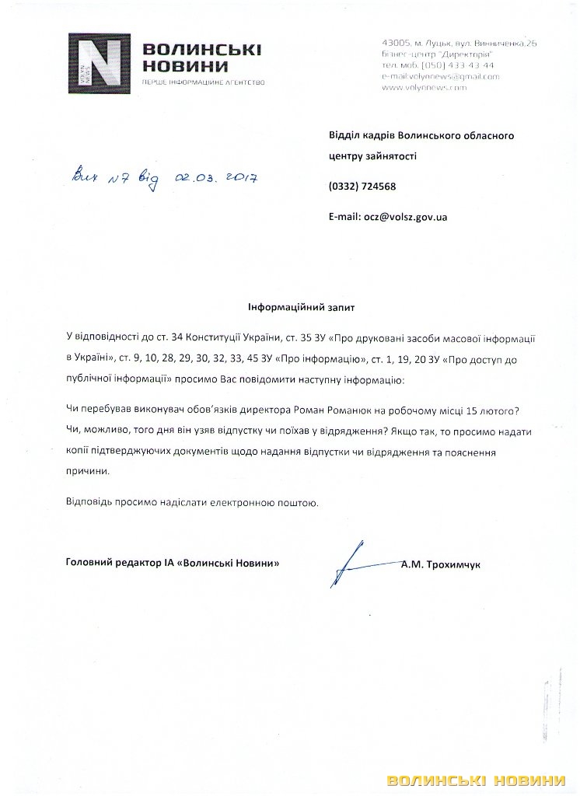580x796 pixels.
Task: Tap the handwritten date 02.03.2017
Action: (218, 178)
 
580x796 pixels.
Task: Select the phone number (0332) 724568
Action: (362, 187)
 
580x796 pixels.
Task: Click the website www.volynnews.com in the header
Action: (425, 88)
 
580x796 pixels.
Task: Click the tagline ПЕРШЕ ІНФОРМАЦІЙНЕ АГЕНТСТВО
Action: (200, 82)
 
